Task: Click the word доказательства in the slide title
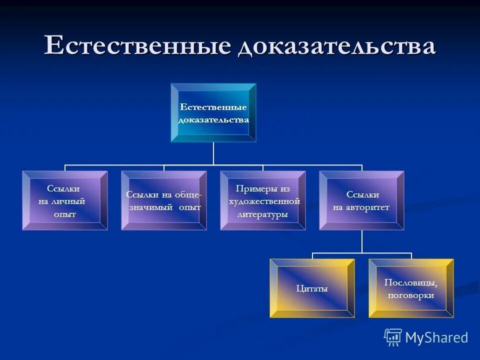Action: pyautogui.click(x=336, y=46)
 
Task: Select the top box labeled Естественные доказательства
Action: pyautogui.click(x=213, y=113)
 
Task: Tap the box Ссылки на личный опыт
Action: pyautogui.click(x=64, y=200)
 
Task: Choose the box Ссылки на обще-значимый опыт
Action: pyautogui.click(x=164, y=200)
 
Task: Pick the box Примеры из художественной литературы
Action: pyautogui.click(x=263, y=200)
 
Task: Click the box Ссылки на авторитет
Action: pyautogui.click(x=361, y=200)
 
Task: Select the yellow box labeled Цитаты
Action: pyautogui.click(x=312, y=288)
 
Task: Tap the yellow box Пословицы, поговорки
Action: pyautogui.click(x=411, y=288)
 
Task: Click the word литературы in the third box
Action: pyautogui.click(x=263, y=214)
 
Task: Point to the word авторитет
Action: pyautogui.click(x=369, y=207)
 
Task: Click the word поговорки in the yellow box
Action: pyautogui.click(x=411, y=295)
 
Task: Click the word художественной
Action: pyautogui.click(x=264, y=201)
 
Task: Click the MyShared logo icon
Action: pyautogui.click(x=393, y=337)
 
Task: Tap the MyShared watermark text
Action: pyautogui.click(x=436, y=337)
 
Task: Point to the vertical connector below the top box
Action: pyautogui.click(x=213, y=153)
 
